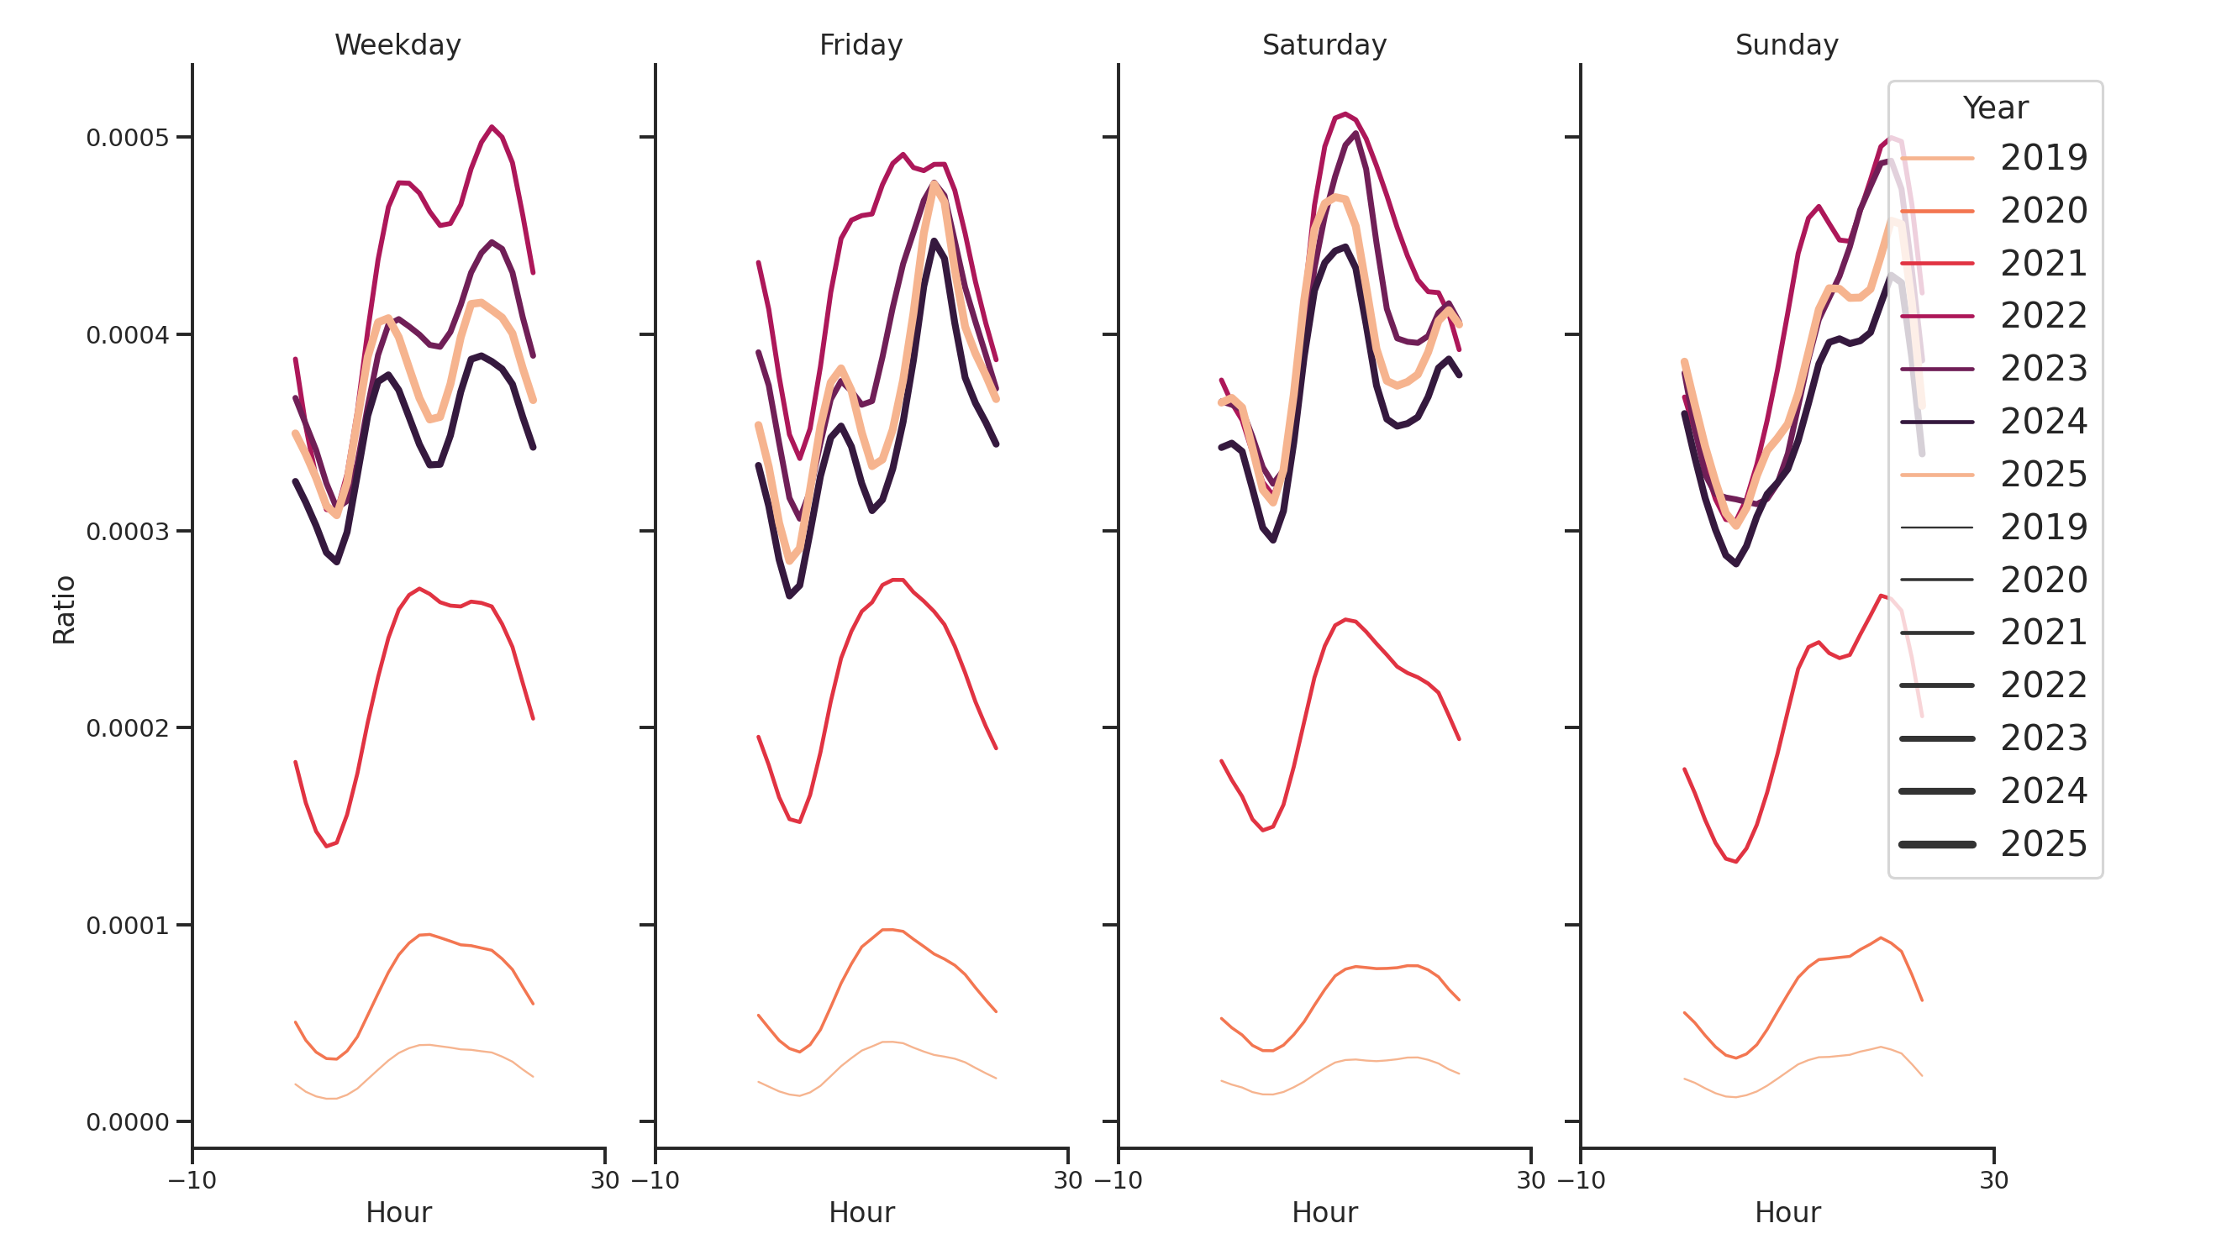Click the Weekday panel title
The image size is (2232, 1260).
tap(397, 45)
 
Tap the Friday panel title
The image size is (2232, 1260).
tap(861, 45)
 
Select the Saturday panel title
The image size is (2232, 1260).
tap(1324, 45)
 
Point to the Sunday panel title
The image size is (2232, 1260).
tap(1787, 45)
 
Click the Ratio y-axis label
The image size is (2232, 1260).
tap(64, 610)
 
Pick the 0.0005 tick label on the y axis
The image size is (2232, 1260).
tap(128, 138)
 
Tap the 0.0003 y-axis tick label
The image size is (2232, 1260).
tap(128, 532)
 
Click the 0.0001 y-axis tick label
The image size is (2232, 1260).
tap(128, 926)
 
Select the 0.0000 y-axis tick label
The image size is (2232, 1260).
tap(128, 1122)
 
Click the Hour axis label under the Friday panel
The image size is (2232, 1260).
tap(861, 1212)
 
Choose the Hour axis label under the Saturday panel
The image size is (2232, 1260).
tap(1324, 1212)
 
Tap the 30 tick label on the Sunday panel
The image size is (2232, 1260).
tap(1993, 1180)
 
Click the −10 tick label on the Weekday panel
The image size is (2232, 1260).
tap(192, 1180)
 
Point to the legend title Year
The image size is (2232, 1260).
tap(1994, 108)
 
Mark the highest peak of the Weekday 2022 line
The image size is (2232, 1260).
tap(492, 128)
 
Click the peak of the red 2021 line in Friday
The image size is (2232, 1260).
tap(898, 580)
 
